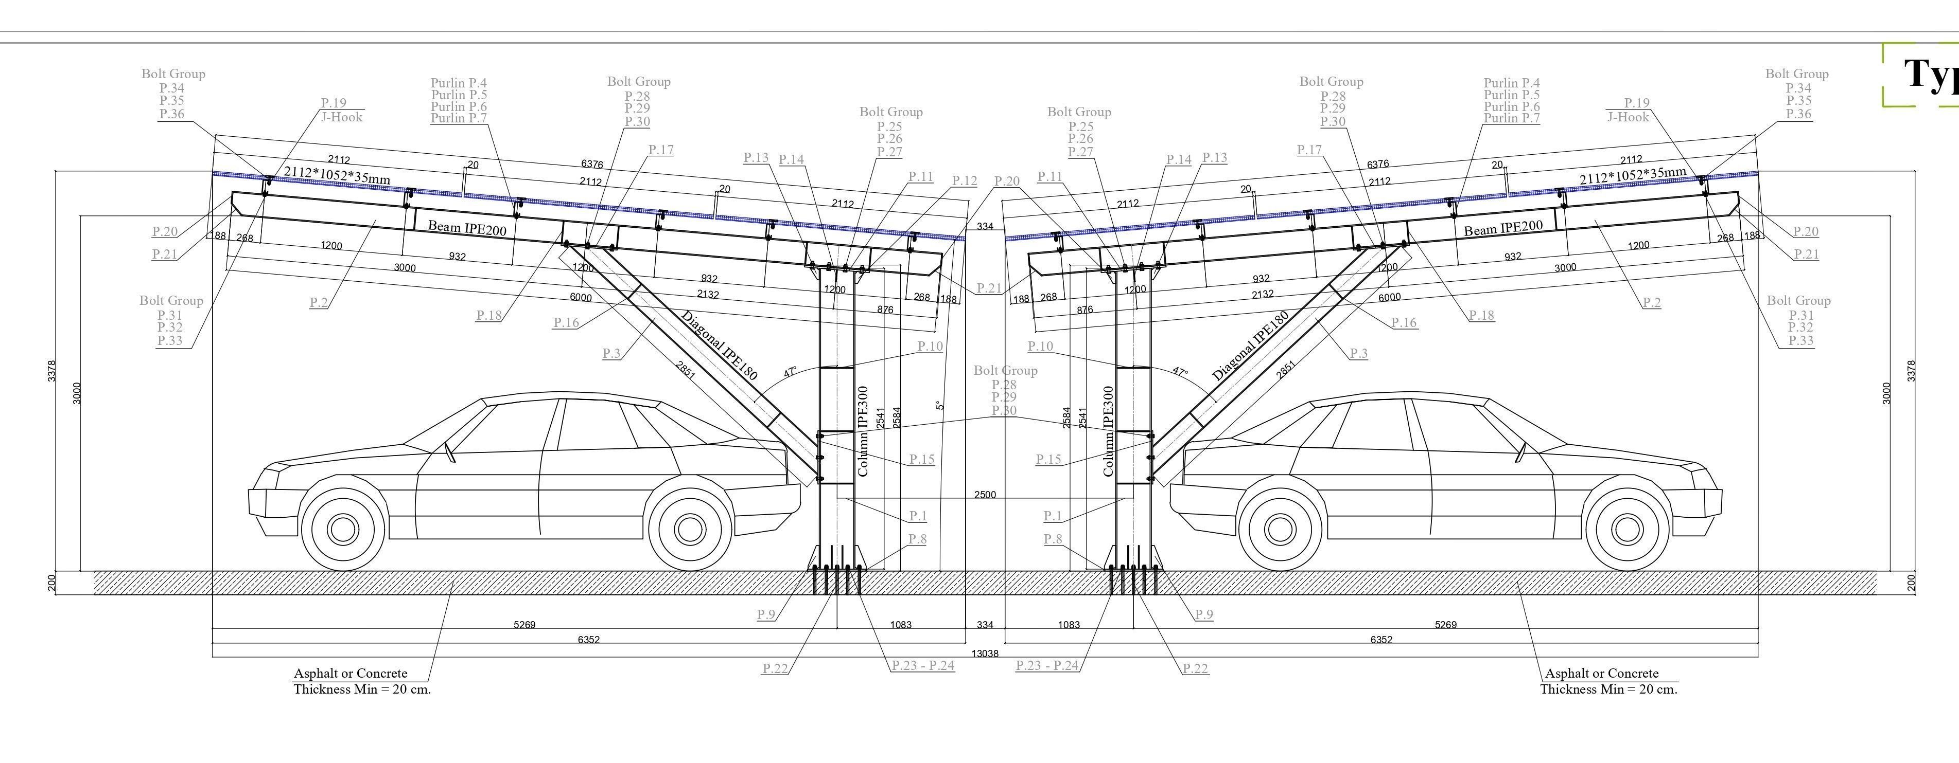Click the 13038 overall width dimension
(x=985, y=653)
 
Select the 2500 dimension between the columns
(x=985, y=495)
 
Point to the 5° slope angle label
(x=940, y=406)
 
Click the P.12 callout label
(x=964, y=181)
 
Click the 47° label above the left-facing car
(x=790, y=372)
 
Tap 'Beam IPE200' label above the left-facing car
(x=467, y=227)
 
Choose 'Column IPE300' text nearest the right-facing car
(x=1108, y=431)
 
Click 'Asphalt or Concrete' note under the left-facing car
(x=351, y=674)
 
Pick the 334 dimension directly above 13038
(x=985, y=625)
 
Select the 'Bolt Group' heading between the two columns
(x=1005, y=370)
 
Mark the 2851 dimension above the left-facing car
(x=685, y=370)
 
